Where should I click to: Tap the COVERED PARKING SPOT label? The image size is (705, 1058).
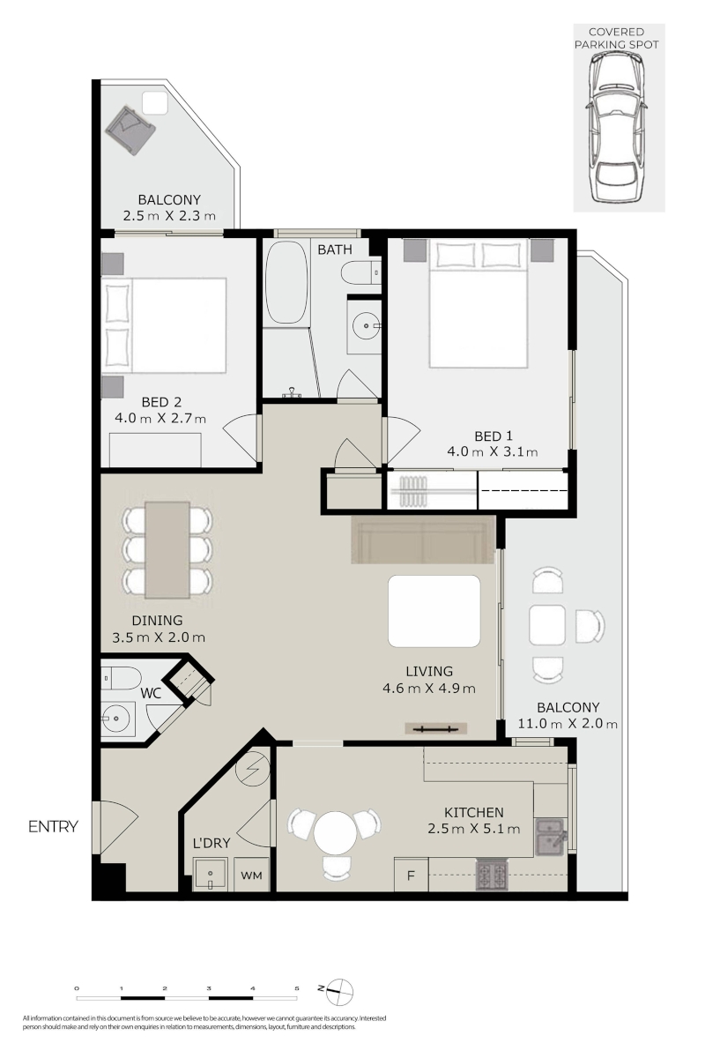(616, 38)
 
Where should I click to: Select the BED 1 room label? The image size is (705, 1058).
(493, 436)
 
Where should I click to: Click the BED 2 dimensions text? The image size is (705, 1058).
(160, 419)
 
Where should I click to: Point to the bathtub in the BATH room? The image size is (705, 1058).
(287, 282)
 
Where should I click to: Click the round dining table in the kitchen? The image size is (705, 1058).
(334, 832)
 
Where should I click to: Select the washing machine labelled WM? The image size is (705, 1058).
(252, 875)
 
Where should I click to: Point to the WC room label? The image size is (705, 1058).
(151, 693)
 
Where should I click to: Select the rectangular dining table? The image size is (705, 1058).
(167, 550)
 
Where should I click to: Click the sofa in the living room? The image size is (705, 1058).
(423, 540)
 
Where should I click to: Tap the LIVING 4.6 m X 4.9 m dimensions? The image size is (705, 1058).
(429, 689)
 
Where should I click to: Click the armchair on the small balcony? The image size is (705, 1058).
(130, 130)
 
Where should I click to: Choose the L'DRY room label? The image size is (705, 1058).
(211, 843)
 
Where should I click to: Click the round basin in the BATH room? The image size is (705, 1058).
(366, 325)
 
